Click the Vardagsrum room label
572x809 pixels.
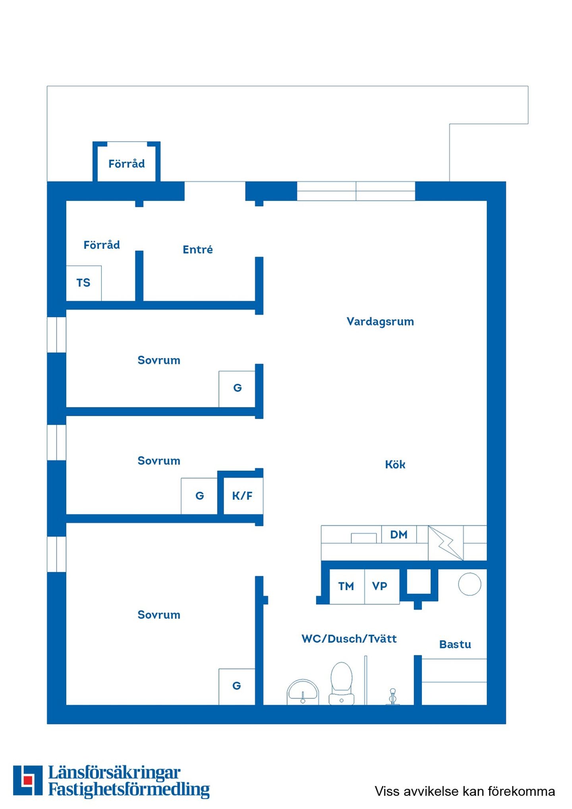(380, 322)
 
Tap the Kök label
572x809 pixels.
(395, 464)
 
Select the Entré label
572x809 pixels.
(198, 249)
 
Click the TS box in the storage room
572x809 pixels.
(83, 283)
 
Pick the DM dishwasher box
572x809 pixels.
(399, 534)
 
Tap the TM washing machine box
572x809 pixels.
(347, 586)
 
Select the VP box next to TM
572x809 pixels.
(382, 586)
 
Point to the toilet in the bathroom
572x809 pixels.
(342, 683)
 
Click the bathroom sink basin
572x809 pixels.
(303, 692)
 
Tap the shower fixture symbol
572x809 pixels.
(393, 697)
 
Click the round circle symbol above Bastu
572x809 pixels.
(470, 584)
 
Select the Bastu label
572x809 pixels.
(455, 644)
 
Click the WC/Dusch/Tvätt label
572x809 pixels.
(349, 639)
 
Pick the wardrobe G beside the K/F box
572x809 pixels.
(199, 496)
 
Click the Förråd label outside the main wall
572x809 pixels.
(127, 164)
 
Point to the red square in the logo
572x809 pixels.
(28, 780)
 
